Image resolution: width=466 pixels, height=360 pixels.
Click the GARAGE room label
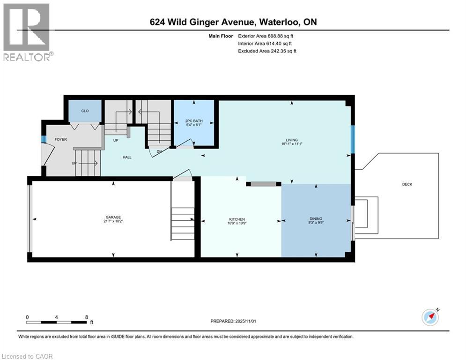coord(113,217)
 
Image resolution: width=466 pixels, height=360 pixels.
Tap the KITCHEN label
coord(237,219)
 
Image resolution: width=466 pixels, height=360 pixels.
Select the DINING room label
coord(316,218)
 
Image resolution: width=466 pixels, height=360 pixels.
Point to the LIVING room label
coord(292,140)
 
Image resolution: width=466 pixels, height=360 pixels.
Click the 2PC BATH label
coord(194,121)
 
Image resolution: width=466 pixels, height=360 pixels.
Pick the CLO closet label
coord(85,111)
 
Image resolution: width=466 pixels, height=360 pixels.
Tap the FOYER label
coord(61,139)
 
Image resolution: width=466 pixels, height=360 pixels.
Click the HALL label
coord(127,157)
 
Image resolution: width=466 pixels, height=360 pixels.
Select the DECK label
coord(407,184)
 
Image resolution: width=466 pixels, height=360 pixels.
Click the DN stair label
coord(159,151)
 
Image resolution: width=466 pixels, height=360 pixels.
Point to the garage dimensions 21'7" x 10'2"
coord(113,222)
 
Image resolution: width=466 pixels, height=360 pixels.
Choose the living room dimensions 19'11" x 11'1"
coord(292,144)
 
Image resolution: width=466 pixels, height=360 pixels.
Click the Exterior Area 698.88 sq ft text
coord(266,36)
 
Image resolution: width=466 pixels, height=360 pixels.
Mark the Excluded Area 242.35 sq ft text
coord(267,51)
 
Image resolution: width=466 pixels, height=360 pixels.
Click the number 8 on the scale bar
coord(87,317)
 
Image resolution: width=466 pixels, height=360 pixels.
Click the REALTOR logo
coord(27,32)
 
